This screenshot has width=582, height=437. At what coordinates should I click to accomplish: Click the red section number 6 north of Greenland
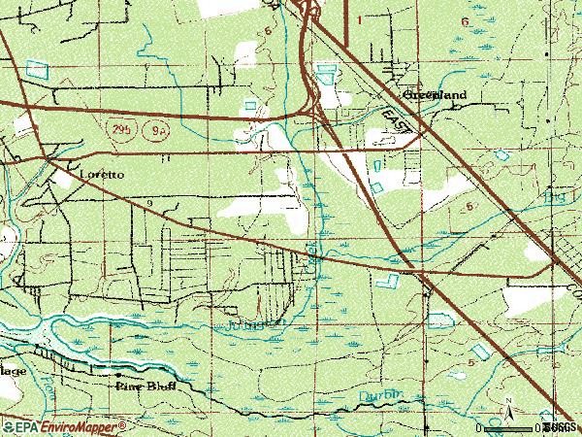click(465, 21)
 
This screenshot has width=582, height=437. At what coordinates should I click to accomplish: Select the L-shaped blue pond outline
click(388, 281)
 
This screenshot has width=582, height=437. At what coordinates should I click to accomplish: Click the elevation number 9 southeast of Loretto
click(150, 202)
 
